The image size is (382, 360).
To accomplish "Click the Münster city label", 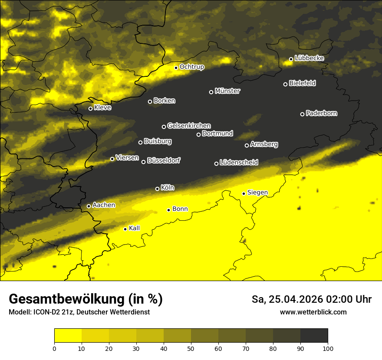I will (227, 91).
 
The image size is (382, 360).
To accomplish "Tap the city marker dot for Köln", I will (157, 189).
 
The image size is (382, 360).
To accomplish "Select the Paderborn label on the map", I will (322, 113).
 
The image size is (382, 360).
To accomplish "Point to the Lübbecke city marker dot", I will (291, 59).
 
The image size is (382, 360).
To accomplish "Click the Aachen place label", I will (104, 205).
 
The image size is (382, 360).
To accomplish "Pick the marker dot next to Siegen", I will (244, 193).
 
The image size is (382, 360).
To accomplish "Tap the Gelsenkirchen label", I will (189, 126).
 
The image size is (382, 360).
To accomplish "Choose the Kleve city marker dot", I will (90, 108).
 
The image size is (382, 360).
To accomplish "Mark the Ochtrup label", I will (192, 67).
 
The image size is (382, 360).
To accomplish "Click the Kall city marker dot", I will (125, 229).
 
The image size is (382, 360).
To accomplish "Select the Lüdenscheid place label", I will (239, 163).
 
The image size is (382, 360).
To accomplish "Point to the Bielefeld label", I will (302, 83).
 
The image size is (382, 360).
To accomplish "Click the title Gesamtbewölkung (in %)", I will (86, 299).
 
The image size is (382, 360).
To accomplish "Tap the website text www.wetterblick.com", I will (313, 312).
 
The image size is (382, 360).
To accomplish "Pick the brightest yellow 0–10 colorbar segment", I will (68, 336).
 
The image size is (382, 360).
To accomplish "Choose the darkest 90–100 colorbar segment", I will (314, 336).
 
